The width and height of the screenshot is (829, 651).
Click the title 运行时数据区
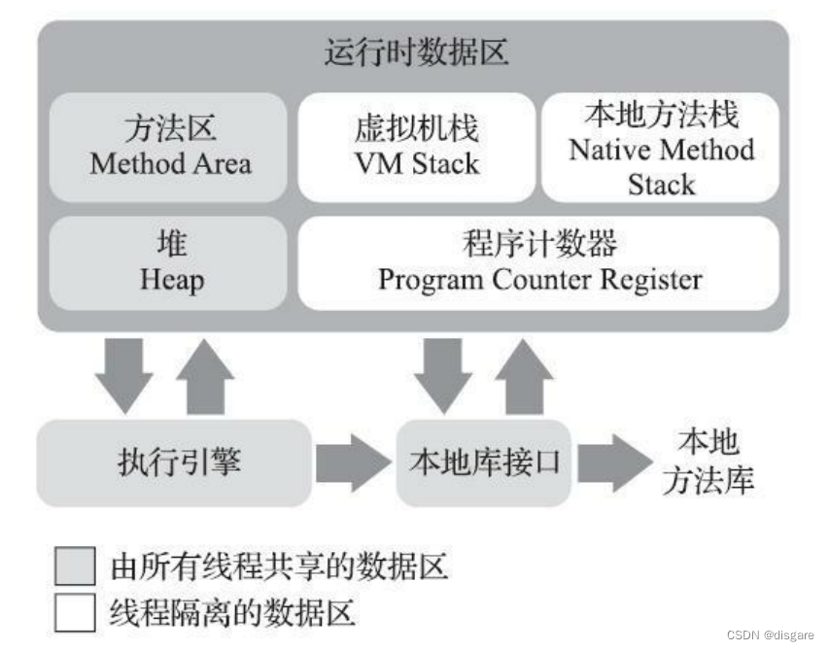[415, 53]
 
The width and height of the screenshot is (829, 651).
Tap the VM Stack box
[416, 147]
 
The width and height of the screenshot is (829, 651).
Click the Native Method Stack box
[661, 147]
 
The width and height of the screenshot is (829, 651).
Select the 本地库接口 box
[483, 463]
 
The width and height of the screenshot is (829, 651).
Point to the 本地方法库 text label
[708, 463]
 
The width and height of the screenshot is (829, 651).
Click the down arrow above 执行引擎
[124, 374]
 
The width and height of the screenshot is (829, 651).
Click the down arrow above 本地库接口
[442, 374]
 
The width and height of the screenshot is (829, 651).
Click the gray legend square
[75, 566]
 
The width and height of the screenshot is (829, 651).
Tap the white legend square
[75, 613]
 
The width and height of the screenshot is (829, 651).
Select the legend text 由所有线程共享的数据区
[279, 566]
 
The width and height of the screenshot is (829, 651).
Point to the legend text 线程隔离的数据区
[232, 613]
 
